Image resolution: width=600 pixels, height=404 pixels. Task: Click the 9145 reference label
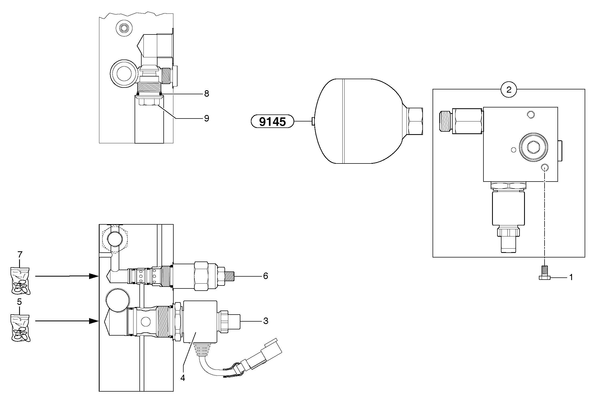coord(272,121)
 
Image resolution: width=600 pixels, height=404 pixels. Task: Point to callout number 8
coord(206,94)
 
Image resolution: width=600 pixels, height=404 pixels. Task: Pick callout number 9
coord(206,118)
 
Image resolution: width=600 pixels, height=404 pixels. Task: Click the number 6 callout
coord(265,276)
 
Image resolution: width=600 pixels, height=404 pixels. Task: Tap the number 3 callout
coord(265,321)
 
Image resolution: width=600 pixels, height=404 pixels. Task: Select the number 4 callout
coord(183,378)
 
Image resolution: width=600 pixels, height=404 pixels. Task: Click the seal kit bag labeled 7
coord(20,281)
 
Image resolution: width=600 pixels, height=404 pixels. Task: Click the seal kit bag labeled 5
coord(20,328)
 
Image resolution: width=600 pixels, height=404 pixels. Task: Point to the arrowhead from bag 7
coord(94,276)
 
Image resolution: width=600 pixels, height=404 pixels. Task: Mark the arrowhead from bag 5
coord(94,321)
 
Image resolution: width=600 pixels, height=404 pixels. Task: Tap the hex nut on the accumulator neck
coord(414,121)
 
